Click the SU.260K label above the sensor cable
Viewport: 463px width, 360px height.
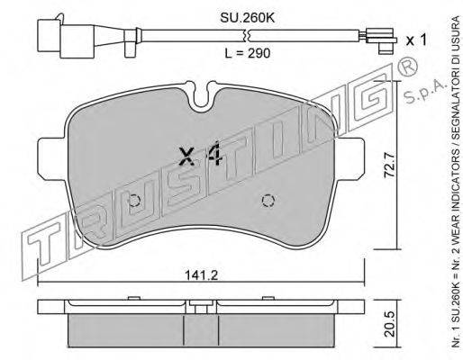click(248, 18)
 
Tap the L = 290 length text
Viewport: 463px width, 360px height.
click(248, 53)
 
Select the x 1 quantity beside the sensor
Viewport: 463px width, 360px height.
click(416, 40)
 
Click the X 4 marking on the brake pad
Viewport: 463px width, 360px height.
click(200, 155)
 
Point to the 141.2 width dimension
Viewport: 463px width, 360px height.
click(201, 275)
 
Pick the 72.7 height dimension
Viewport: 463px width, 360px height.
click(390, 165)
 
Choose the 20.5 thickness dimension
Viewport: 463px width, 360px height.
click(391, 324)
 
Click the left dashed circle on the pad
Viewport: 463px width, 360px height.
click(134, 201)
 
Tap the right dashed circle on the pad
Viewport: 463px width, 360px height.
click(268, 201)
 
